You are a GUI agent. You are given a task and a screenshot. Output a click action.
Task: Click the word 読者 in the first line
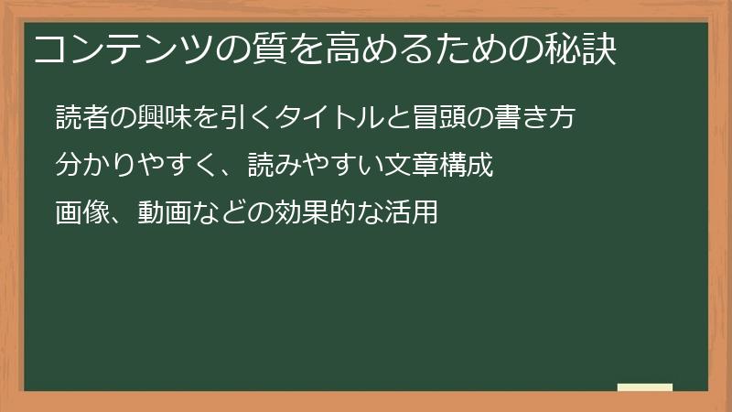[83, 118]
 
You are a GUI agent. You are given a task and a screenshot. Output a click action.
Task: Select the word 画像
[82, 213]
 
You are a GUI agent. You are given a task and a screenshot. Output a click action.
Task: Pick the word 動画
[166, 213]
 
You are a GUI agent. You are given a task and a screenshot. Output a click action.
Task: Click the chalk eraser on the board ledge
[645, 387]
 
